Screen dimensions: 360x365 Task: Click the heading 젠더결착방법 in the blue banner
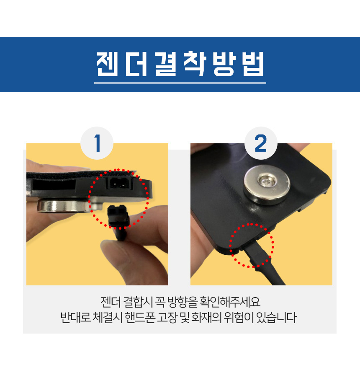[x=180, y=64]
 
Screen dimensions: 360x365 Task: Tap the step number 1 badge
[x=97, y=143]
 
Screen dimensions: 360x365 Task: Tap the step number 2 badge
[x=261, y=143]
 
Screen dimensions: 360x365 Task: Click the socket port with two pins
[x=120, y=183]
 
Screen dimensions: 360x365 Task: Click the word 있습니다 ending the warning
[x=277, y=318]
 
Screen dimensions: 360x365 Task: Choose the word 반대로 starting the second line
[x=76, y=318]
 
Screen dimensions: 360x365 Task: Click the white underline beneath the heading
[x=180, y=83]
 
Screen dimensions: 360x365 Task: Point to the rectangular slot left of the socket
[x=54, y=184]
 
